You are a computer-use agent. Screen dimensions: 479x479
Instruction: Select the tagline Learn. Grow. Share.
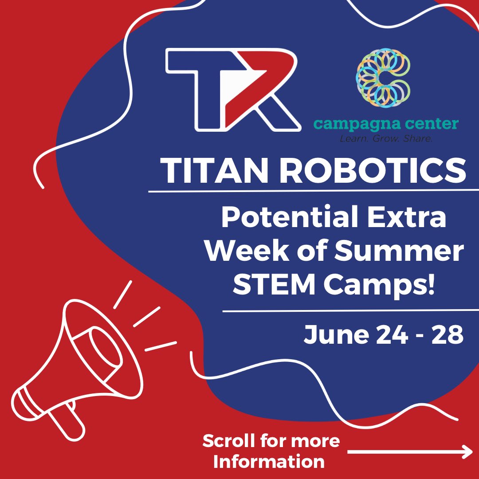[385, 139]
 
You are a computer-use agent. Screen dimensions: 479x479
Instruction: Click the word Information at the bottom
[268, 462]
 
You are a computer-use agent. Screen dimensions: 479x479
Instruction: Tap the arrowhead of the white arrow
[467, 452]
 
